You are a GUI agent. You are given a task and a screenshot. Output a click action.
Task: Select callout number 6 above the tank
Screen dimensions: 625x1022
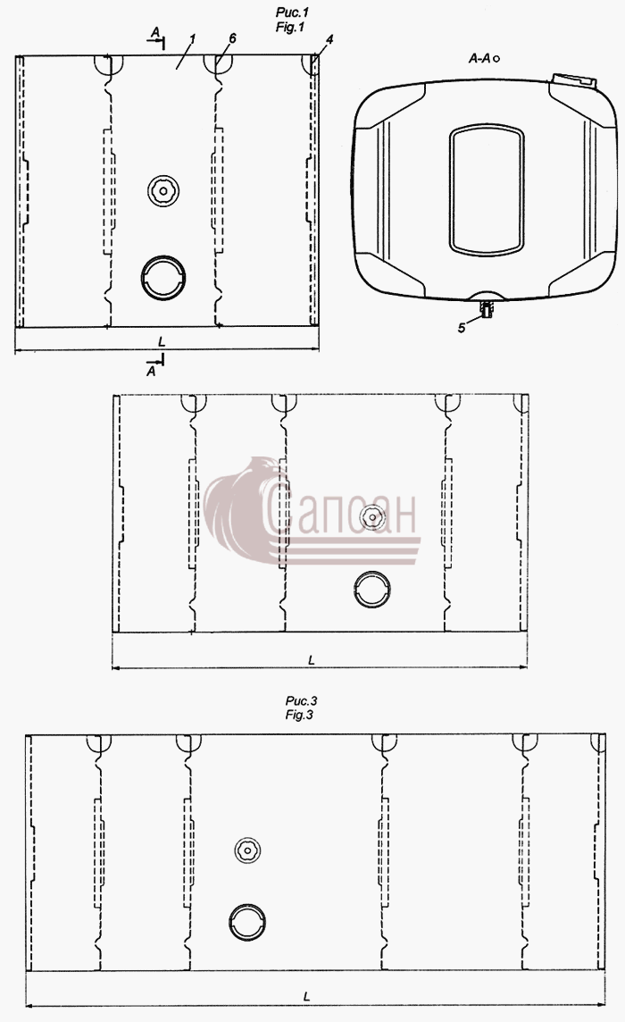pos(232,38)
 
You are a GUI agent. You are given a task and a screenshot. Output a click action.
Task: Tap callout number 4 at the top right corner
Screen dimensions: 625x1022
pos(329,40)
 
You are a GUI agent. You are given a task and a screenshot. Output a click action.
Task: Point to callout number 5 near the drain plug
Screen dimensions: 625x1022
pos(462,328)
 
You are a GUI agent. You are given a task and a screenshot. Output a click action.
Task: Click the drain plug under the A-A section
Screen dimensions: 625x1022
pos(486,308)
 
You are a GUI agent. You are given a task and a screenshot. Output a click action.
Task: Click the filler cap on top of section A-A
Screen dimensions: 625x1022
pos(573,80)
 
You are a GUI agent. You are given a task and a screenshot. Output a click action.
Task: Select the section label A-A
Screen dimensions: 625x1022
pos(480,59)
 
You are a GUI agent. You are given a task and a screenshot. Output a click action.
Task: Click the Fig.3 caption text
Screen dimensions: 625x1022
pos(300,708)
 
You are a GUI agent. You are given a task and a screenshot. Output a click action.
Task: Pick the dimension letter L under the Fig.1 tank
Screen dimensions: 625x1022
pos(162,341)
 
